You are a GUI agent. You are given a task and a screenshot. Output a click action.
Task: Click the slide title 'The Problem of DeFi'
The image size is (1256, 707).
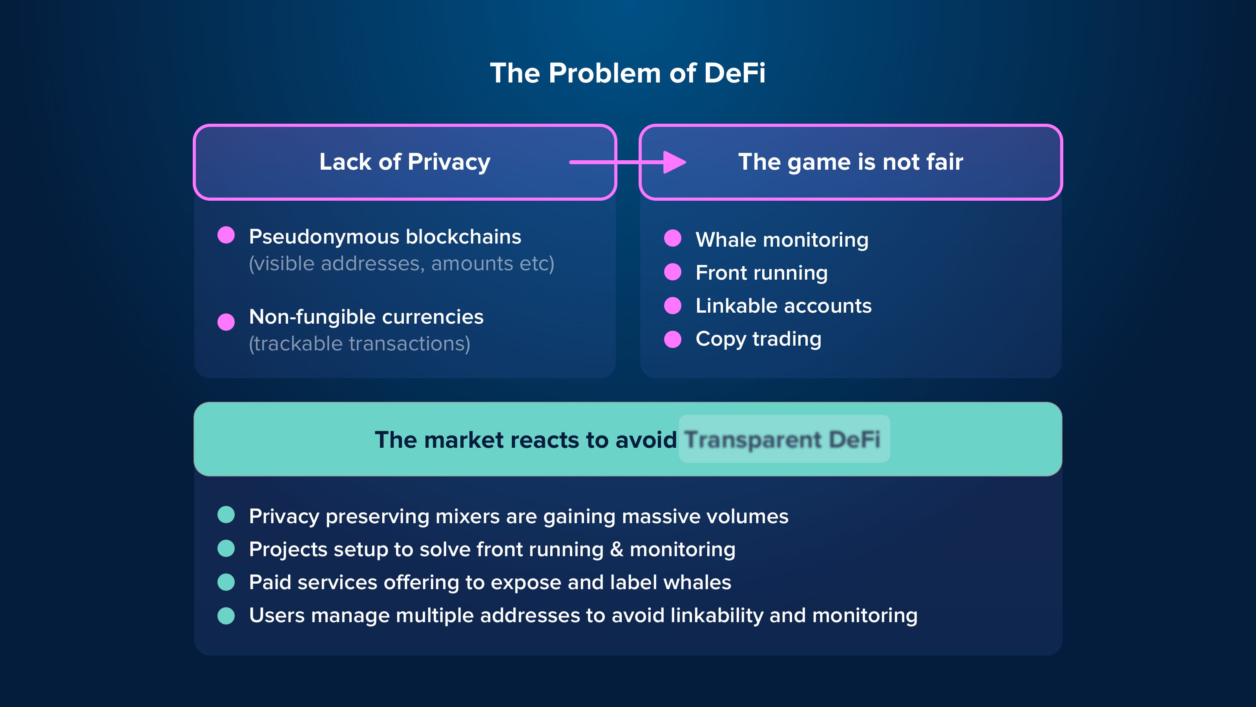pos(628,73)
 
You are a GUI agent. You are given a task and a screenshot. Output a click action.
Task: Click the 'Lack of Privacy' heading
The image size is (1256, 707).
pos(405,162)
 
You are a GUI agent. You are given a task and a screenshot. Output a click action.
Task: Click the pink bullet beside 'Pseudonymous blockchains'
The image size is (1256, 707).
pos(226,235)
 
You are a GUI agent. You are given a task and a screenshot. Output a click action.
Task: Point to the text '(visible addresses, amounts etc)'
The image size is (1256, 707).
pos(401,264)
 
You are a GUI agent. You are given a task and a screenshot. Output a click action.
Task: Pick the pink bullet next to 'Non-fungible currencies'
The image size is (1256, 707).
pos(226,322)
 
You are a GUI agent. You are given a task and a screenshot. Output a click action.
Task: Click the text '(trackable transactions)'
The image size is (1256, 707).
pos(360,344)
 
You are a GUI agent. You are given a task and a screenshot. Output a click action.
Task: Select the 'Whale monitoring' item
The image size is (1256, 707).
pos(781,240)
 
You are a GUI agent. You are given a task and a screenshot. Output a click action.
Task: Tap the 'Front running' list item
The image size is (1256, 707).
pos(761,273)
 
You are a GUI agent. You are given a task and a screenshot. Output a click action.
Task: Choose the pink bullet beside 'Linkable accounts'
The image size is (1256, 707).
pos(672,306)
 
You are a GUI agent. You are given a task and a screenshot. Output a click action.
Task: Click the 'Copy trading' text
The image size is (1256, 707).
pos(758,339)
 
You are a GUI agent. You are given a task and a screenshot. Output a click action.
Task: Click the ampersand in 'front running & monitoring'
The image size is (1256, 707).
pos(616,549)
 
